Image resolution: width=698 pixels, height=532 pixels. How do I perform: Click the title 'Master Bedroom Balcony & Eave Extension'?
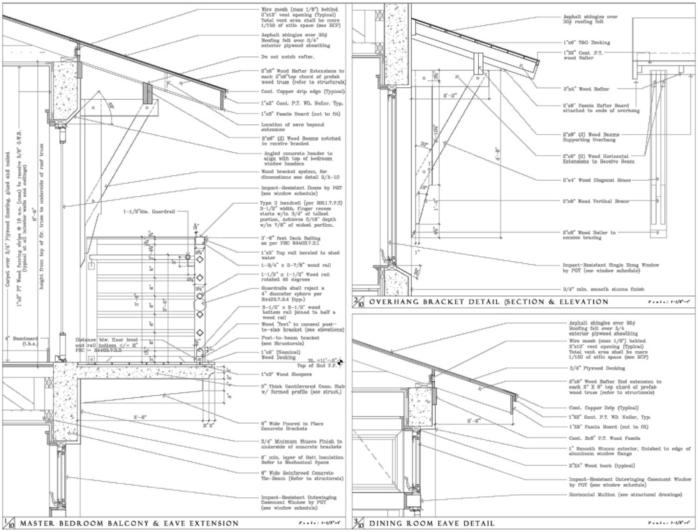point(129,523)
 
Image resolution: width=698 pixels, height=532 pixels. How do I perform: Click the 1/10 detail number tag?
point(8,523)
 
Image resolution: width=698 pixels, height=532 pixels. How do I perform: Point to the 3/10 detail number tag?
point(359,523)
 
